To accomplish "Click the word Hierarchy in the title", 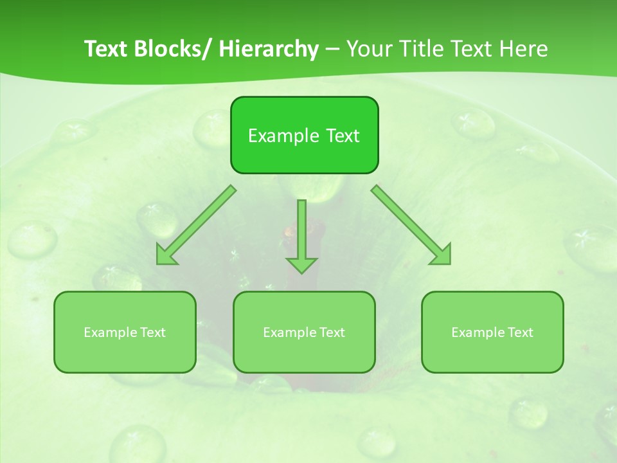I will click(x=269, y=49).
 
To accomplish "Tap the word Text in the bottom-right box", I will click(x=521, y=332).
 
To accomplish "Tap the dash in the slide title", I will click(x=332, y=49).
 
